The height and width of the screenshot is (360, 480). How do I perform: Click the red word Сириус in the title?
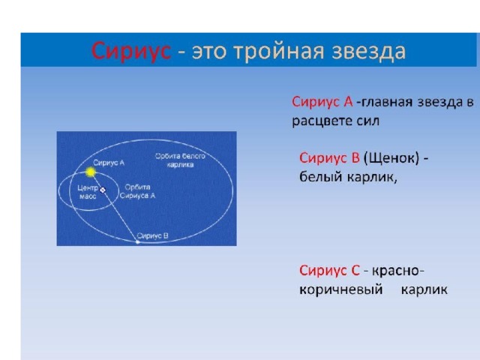(x=131, y=51)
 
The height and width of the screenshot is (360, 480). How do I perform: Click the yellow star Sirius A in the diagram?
(x=90, y=172)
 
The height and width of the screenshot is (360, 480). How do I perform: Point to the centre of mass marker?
(x=103, y=190)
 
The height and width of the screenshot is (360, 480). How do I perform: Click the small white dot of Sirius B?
(x=138, y=241)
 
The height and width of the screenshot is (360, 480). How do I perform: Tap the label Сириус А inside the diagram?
(x=109, y=163)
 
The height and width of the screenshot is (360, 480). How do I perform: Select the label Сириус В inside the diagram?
(x=153, y=235)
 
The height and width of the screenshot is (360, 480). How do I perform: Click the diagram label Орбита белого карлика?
(x=180, y=160)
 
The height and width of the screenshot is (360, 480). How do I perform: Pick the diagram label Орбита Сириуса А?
(x=137, y=191)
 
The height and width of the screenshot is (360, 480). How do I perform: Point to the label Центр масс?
(x=88, y=192)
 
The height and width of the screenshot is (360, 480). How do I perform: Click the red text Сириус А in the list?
(x=322, y=102)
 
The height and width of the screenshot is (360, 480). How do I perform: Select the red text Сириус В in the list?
(x=329, y=158)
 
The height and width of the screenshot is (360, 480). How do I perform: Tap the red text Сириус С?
(x=329, y=271)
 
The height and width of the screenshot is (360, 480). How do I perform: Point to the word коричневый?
(x=341, y=289)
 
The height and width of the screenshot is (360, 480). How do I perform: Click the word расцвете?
(x=321, y=121)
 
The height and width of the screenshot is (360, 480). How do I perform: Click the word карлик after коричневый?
(x=424, y=289)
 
